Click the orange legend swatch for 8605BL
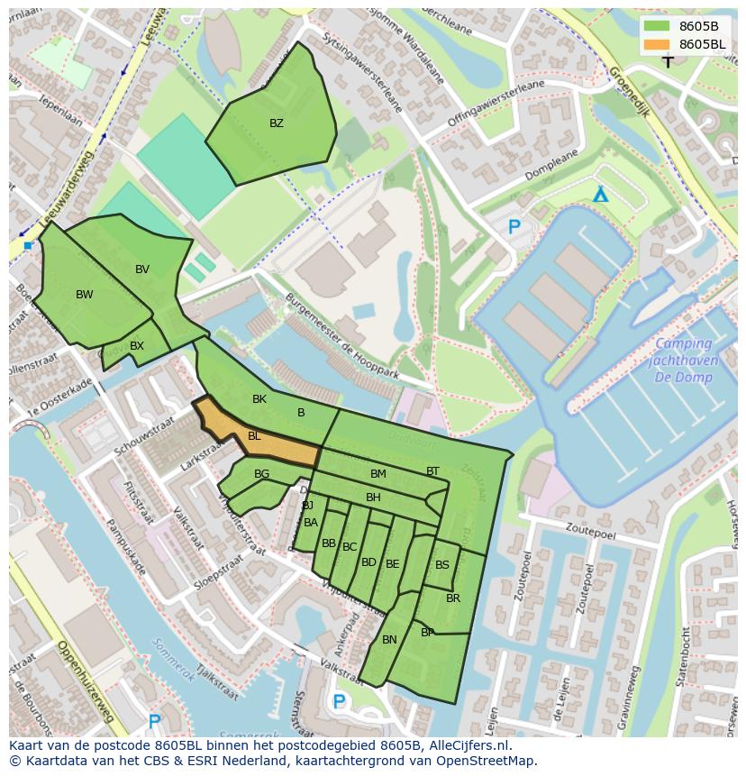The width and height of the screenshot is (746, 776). point(658,44)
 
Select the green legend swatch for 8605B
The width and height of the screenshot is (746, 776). point(658,26)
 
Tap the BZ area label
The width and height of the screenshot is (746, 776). point(277,123)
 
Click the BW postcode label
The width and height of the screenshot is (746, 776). point(84,295)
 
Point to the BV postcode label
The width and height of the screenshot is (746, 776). point(142,269)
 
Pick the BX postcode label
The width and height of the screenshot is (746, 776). point(137,346)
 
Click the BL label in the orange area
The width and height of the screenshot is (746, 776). point(254,436)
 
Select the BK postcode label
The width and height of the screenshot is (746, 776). point(259,399)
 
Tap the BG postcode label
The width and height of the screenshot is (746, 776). point(261,474)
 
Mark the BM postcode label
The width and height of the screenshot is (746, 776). point(378,474)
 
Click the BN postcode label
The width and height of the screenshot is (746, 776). point(389,640)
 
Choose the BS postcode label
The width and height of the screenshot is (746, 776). point(441,565)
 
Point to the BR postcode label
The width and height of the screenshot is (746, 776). point(453,598)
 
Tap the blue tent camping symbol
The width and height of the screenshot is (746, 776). point(600,195)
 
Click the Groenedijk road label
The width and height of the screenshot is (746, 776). point(629,87)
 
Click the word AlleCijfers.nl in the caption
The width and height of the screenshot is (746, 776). point(468,745)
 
